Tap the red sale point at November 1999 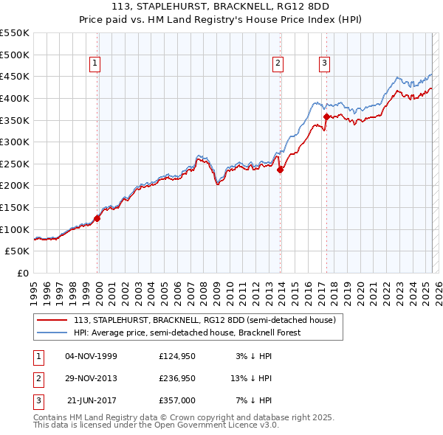(97, 218)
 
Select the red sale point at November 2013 (280, 170)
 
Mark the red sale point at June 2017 (326, 116)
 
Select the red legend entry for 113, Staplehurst (205, 320)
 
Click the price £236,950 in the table (177, 378)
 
